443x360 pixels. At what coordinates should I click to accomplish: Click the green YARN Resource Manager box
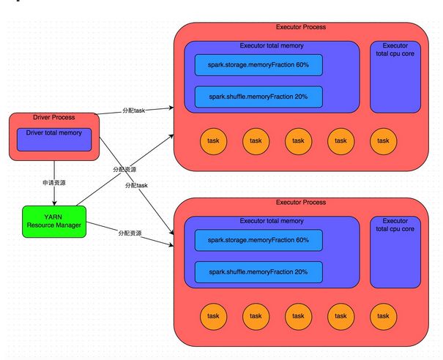tap(54, 222)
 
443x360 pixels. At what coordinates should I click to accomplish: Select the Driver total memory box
tap(54, 140)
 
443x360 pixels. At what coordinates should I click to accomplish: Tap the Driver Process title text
tap(54, 117)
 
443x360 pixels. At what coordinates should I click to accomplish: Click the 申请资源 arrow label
tap(54, 183)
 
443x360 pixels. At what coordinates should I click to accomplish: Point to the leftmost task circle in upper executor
tap(213, 141)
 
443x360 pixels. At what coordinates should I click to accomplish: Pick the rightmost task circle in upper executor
tap(384, 141)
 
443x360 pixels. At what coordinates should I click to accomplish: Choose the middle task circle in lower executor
tap(298, 317)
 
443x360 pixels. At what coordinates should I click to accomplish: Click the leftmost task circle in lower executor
tap(213, 317)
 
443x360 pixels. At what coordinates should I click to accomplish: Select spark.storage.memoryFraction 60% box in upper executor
tap(258, 65)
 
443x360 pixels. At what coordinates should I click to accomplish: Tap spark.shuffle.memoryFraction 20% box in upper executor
tap(258, 97)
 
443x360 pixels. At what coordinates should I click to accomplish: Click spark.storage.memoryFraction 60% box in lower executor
tap(258, 240)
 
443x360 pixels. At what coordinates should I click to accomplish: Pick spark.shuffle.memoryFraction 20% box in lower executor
tap(258, 272)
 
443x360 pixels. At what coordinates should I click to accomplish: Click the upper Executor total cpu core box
tap(395, 77)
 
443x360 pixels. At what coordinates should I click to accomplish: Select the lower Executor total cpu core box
tap(395, 252)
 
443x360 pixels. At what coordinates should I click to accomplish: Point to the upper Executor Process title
tap(301, 27)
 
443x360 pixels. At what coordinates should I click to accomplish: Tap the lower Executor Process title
tap(301, 203)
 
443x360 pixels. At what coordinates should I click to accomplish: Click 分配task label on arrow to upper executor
tap(134, 110)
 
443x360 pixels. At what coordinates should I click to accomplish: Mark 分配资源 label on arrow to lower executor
tap(130, 233)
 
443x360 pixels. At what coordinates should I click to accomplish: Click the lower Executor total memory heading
tap(272, 221)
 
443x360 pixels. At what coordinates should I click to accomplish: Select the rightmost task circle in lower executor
tap(384, 317)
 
